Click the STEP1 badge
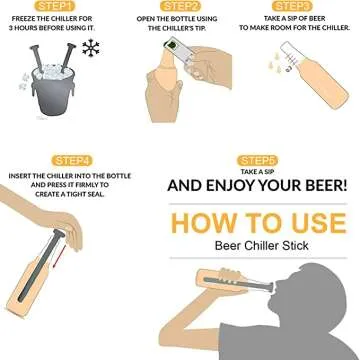click(60, 6)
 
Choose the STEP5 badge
click(256, 160)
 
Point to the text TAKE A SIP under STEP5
click(256, 172)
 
